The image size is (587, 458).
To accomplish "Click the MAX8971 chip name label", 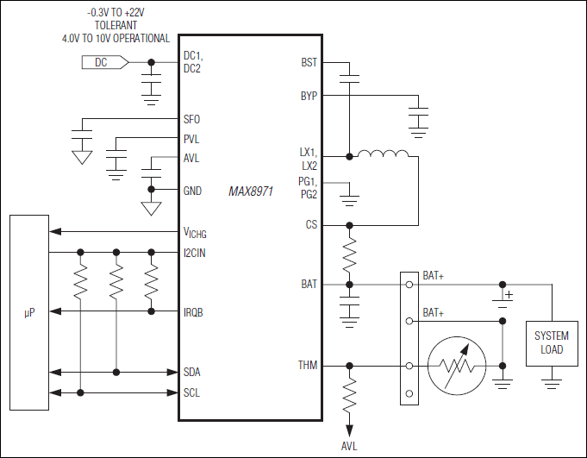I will (x=251, y=191).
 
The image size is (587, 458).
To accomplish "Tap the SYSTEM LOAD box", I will (x=552, y=342).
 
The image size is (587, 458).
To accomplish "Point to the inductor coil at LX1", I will (x=383, y=155).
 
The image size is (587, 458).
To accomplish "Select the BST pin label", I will (x=309, y=62).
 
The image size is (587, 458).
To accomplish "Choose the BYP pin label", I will (x=309, y=96).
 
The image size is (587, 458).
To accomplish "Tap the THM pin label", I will (x=307, y=366).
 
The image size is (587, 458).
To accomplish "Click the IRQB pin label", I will (x=195, y=312).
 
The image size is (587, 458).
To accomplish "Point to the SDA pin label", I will (x=193, y=372).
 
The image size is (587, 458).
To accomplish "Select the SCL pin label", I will (x=193, y=393).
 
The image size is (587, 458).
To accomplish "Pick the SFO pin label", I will (x=191, y=119).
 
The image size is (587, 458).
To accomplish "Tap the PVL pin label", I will (x=191, y=139).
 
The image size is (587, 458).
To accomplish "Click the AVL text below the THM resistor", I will (x=350, y=446).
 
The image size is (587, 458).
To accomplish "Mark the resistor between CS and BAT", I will (x=350, y=254).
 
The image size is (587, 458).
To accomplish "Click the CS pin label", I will (x=311, y=225).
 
